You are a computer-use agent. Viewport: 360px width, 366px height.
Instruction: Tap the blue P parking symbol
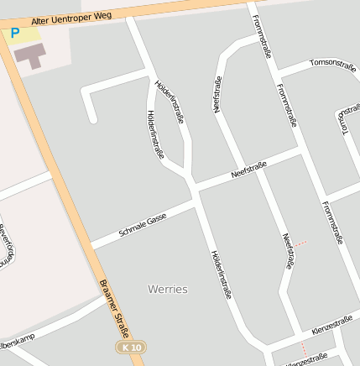click(x=14, y=34)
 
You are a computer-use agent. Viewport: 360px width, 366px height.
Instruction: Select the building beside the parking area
click(x=31, y=56)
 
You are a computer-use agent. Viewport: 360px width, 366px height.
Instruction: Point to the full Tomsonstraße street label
click(x=332, y=63)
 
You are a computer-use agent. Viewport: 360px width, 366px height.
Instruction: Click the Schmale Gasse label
click(x=143, y=224)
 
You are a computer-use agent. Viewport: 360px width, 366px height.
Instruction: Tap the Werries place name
click(x=168, y=289)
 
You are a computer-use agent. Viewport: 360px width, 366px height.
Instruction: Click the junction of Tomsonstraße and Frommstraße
click(x=277, y=75)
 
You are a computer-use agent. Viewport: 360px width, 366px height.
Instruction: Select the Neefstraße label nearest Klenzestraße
click(x=287, y=251)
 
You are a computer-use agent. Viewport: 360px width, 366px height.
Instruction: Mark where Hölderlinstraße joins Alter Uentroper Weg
click(x=130, y=15)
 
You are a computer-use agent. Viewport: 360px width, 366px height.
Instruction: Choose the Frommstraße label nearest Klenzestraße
click(x=332, y=222)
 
